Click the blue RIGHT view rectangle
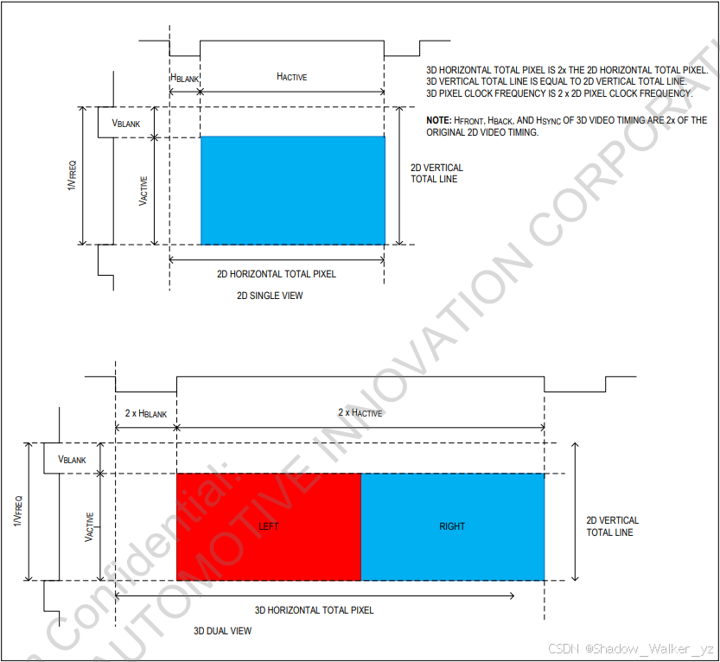pos(452,553)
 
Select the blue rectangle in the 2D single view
pos(293,190)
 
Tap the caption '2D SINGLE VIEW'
pos(270,296)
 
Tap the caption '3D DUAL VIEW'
pos(222,631)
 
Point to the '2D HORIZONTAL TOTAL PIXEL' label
pos(276,274)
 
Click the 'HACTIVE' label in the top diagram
pos(291,77)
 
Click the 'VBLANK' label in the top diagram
pos(126,124)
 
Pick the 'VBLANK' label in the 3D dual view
pos(72,460)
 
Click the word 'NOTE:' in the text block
pos(438,120)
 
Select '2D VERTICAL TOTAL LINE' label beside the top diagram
pos(436,174)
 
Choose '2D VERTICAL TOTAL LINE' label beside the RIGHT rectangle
pos(612,526)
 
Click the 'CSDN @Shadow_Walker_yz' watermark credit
pos(632,648)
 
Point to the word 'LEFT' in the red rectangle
pos(269,526)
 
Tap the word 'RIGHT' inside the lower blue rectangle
pos(452,526)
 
